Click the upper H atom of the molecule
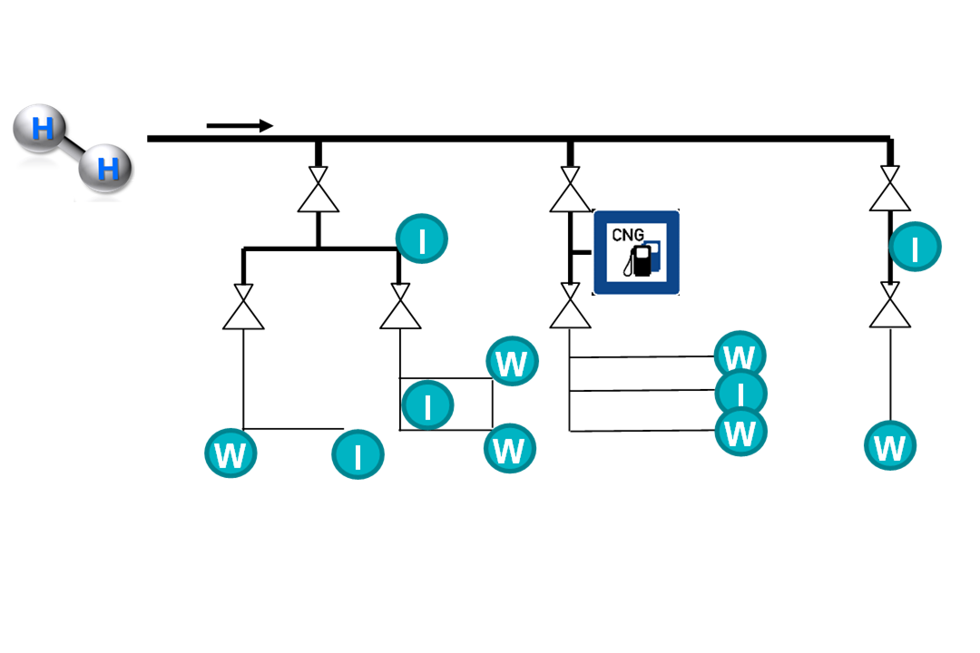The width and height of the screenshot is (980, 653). [42, 130]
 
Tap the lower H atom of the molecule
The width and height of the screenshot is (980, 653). [106, 168]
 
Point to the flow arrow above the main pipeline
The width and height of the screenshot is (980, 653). [240, 125]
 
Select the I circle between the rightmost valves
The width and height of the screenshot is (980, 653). [915, 248]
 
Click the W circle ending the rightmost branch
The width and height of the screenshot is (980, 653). [890, 445]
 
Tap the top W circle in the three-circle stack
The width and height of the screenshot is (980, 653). [741, 356]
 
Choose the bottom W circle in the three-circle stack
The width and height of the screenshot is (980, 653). [741, 432]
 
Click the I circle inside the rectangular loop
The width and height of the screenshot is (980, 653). [427, 404]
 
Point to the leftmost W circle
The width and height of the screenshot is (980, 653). [230, 453]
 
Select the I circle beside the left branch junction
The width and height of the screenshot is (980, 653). [422, 239]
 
